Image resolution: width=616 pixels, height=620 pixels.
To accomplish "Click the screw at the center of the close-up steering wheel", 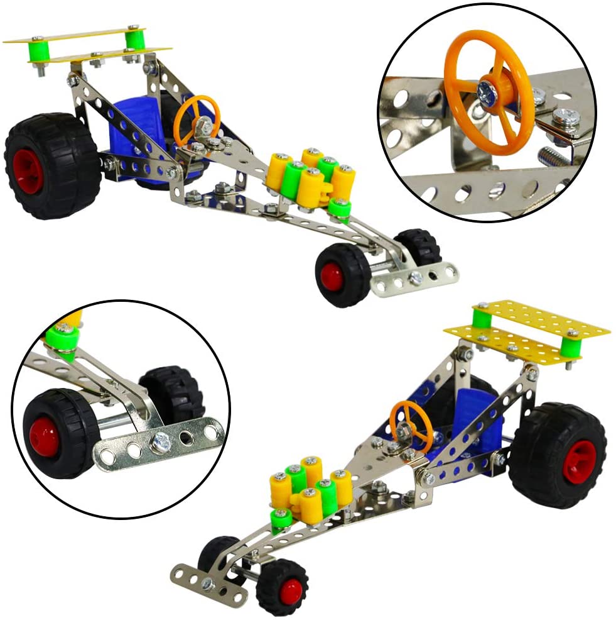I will point(487,93).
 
